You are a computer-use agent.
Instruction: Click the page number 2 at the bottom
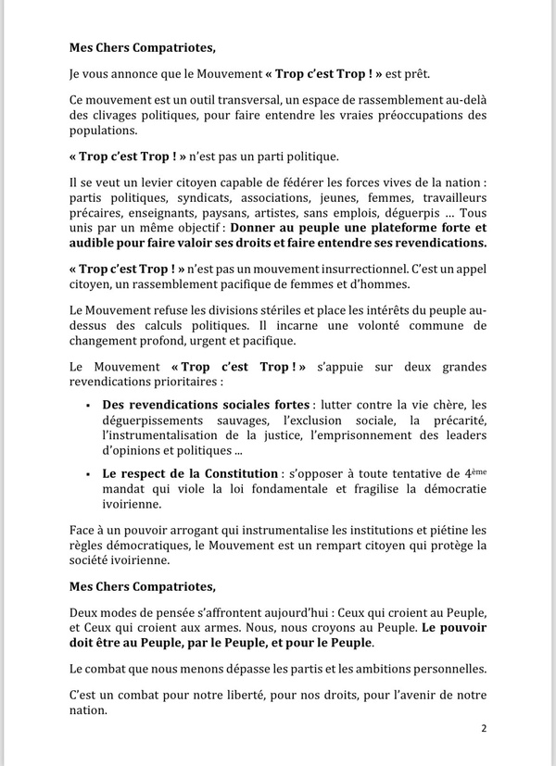tap(483, 728)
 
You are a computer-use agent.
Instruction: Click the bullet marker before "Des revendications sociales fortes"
tap(86, 405)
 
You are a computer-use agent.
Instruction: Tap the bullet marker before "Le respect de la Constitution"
tap(86, 474)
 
